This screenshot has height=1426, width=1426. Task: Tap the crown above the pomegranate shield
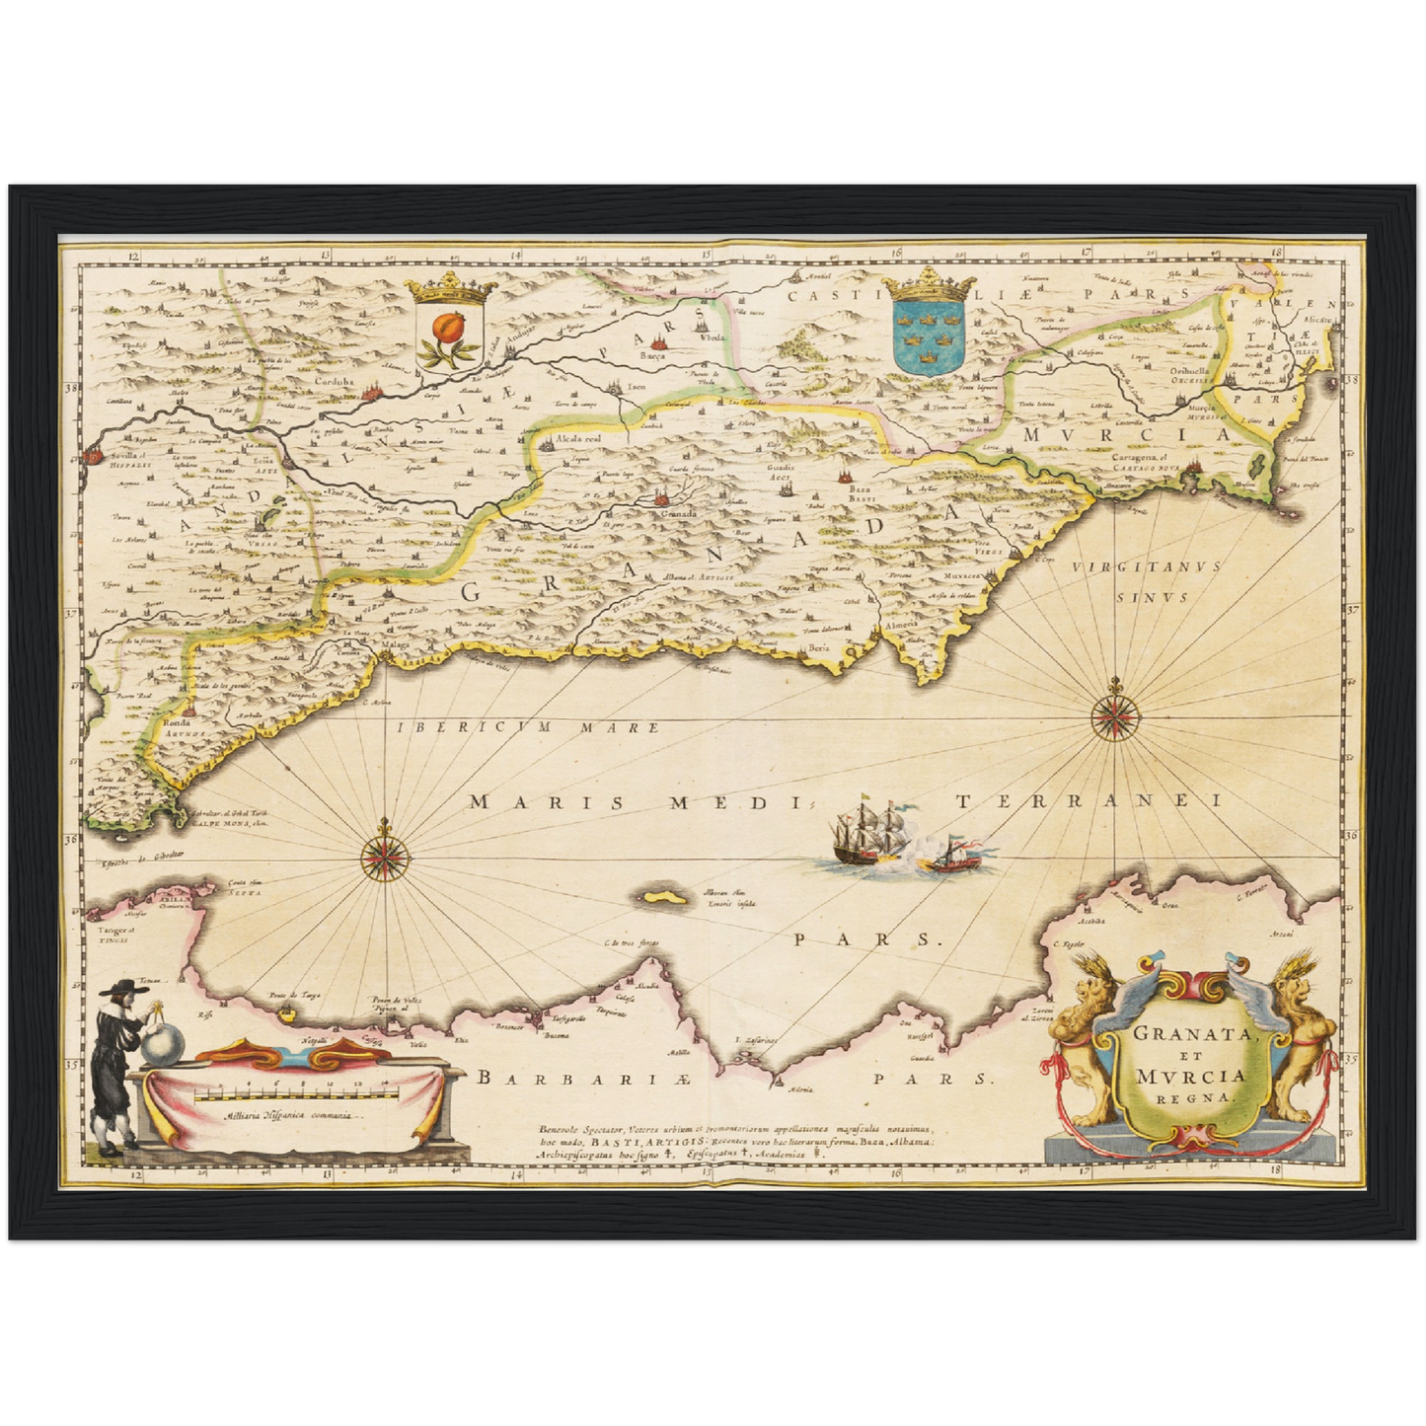click(454, 288)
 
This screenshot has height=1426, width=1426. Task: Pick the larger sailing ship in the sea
click(868, 830)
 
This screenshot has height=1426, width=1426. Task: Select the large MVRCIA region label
click(1125, 434)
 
